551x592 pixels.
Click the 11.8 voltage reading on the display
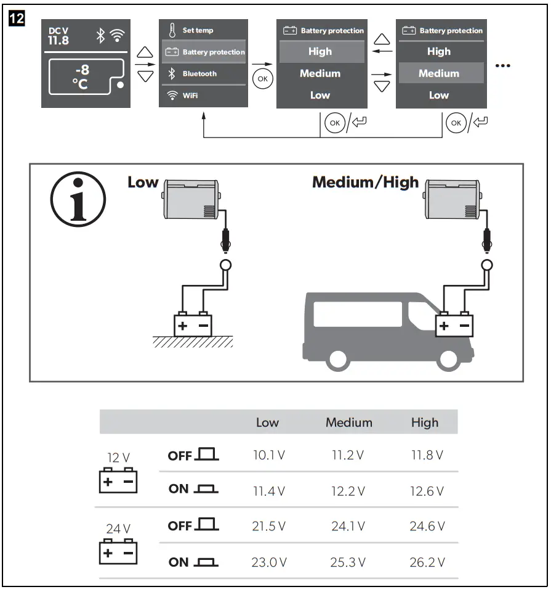(x=58, y=41)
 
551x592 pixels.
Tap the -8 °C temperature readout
(x=81, y=78)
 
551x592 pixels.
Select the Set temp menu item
(x=198, y=30)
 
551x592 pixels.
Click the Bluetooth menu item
(x=199, y=74)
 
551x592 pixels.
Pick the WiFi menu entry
(x=190, y=96)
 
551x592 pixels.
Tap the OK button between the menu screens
(x=262, y=79)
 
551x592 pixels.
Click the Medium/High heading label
(x=365, y=183)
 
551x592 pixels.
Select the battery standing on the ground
(x=192, y=324)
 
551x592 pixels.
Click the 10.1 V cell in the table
(x=268, y=456)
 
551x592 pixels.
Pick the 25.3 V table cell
(x=348, y=562)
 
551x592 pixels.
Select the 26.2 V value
(x=426, y=562)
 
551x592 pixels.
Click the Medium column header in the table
(x=348, y=422)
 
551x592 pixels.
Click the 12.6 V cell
(x=426, y=491)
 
